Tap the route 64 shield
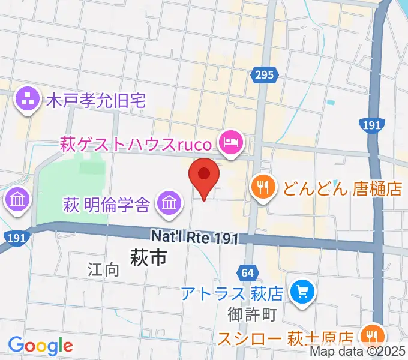coord(247,273)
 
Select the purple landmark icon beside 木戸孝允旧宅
coord(27,100)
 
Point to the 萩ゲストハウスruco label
coord(136,144)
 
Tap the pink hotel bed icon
coord(231,143)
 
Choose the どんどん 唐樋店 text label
coord(342,189)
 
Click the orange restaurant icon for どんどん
coord(263,188)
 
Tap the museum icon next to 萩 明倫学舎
coord(169,204)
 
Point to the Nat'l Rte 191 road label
coord(194,238)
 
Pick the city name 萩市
coord(148,259)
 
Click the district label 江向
coord(103,269)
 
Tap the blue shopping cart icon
coord(299,293)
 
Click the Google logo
coord(40,346)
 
